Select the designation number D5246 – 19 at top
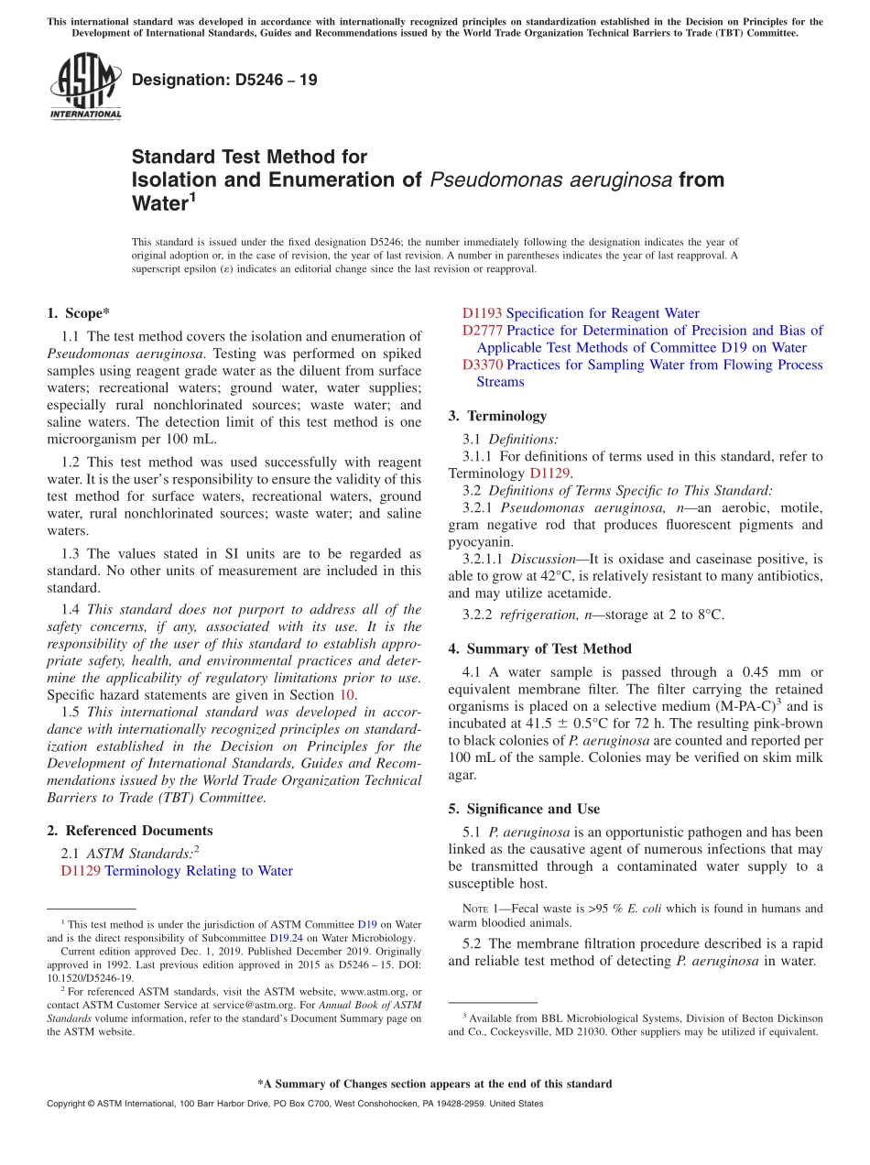click(x=224, y=80)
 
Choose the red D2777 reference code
click(x=482, y=331)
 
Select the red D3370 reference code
click(x=482, y=365)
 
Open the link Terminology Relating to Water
click(x=199, y=871)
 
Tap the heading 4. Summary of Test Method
click(x=539, y=649)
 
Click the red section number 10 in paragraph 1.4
click(x=348, y=695)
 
